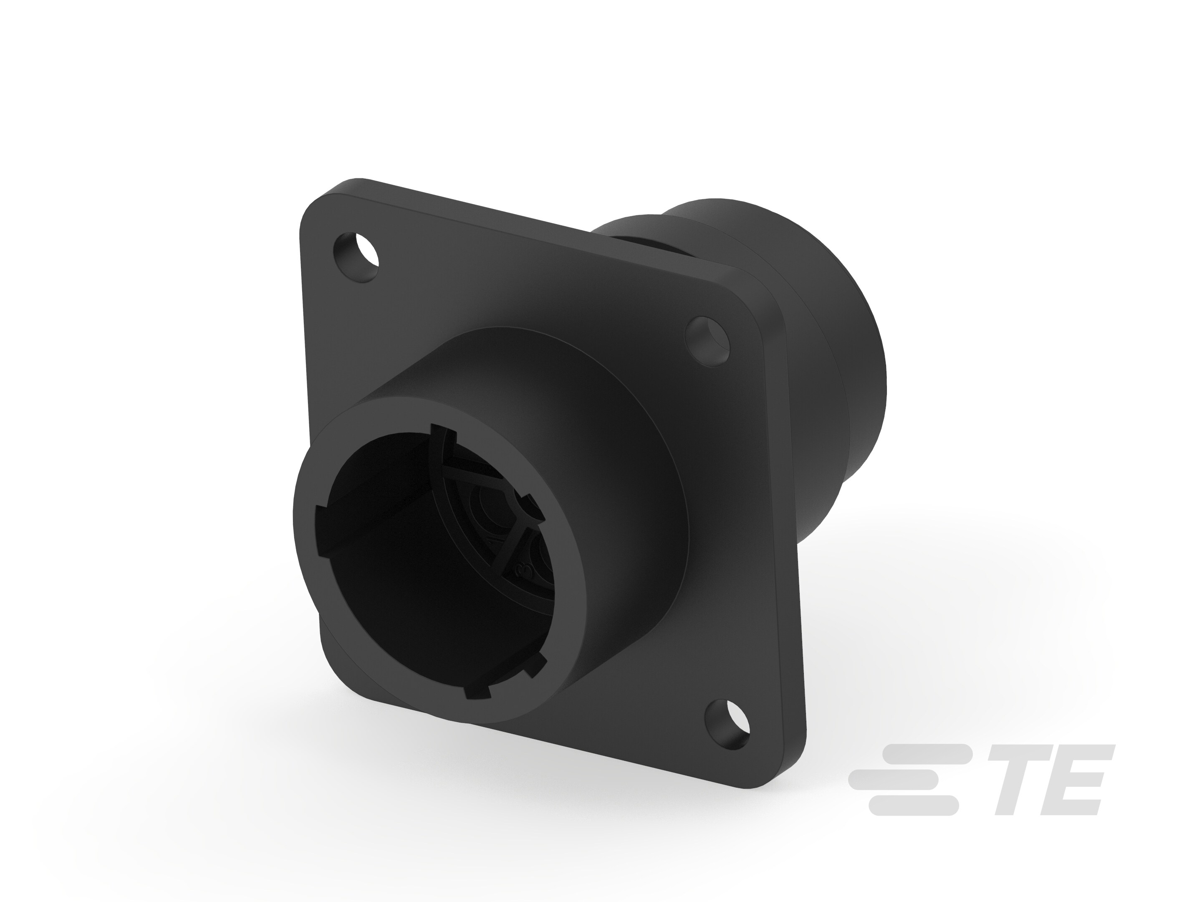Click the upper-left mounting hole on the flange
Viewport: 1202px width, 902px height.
[356, 257]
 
